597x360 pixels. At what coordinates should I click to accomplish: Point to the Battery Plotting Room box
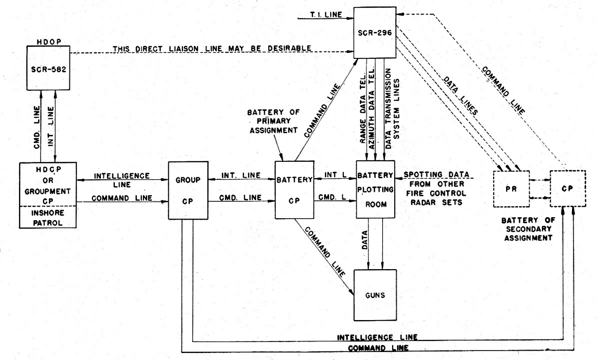pos(375,189)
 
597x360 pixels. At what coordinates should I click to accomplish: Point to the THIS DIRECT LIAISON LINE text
pos(212,48)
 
